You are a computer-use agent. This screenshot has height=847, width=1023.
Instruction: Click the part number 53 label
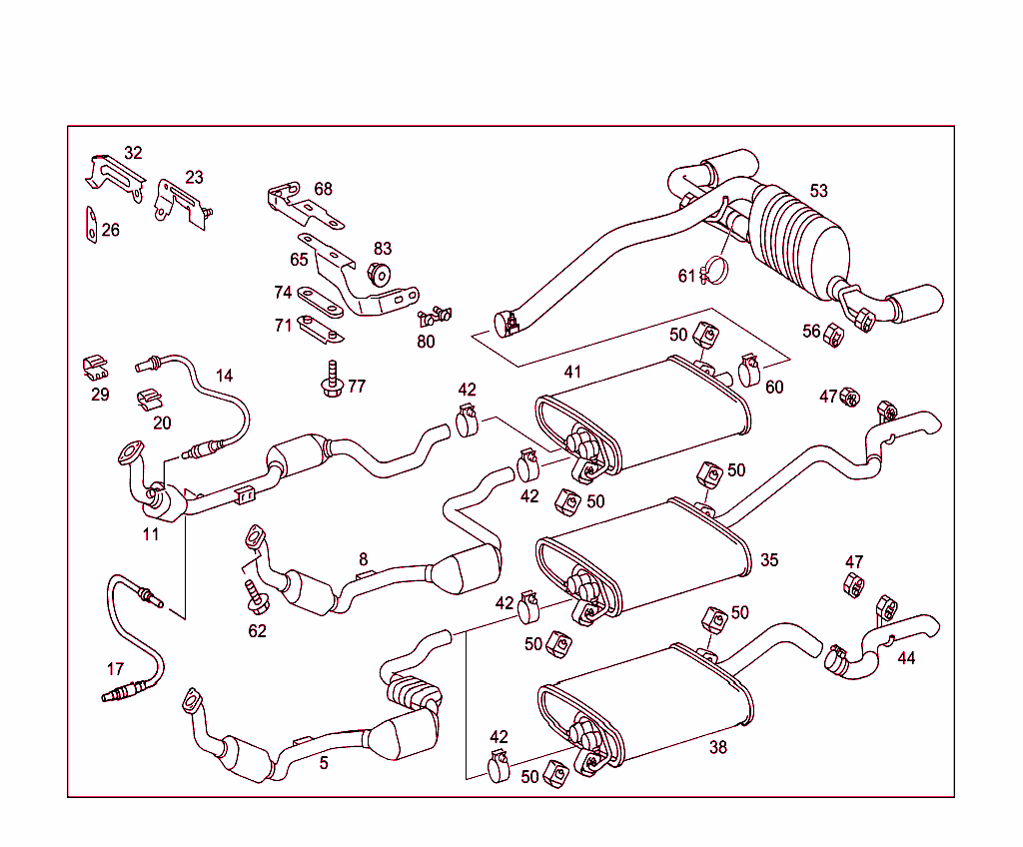coord(818,191)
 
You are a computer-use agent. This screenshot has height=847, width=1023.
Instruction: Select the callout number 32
coord(133,153)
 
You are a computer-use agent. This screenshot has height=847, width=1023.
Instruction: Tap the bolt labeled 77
coord(330,380)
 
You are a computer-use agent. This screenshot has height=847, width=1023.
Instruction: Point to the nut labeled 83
coord(380,273)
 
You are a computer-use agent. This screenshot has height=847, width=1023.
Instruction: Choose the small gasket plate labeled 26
coord(89,226)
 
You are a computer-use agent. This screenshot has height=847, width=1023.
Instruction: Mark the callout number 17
coord(116,668)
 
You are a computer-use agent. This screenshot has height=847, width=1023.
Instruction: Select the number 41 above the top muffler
coord(571,372)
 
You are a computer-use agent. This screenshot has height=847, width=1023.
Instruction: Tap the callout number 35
coord(768,560)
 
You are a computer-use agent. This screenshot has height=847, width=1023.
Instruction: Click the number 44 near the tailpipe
coord(905,658)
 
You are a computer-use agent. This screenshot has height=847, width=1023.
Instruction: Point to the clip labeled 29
coord(94,368)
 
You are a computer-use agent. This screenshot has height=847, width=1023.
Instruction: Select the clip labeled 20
coord(147,398)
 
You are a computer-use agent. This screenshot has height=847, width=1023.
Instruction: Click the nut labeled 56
coord(830,334)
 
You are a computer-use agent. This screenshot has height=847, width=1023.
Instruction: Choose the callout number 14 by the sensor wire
coord(224,376)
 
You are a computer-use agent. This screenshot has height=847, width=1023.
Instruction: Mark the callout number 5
coord(323,763)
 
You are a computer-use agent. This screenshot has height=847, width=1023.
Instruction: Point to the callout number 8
coord(363,559)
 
